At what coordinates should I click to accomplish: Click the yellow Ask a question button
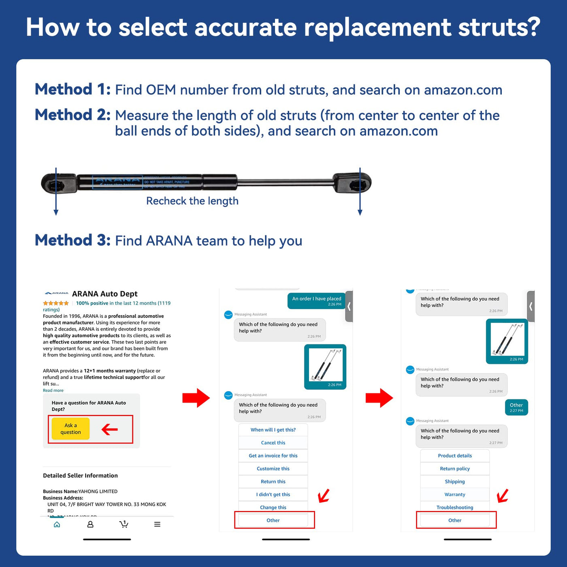click(x=70, y=429)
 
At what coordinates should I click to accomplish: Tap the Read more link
click(x=53, y=390)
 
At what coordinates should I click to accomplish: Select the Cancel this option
click(x=273, y=443)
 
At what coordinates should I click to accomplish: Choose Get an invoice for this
click(x=273, y=456)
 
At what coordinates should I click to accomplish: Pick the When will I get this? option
click(x=273, y=430)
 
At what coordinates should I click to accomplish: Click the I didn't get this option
click(x=273, y=495)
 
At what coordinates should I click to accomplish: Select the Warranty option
click(x=455, y=495)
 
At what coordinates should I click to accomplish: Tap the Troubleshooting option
click(x=455, y=507)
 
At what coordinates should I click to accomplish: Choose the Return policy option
click(x=455, y=469)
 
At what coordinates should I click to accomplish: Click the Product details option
click(x=455, y=456)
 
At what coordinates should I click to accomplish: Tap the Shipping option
click(x=455, y=482)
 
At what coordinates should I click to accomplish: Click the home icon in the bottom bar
click(x=57, y=524)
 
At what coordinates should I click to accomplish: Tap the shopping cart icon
click(x=124, y=524)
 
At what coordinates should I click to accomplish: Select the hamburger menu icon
click(x=157, y=524)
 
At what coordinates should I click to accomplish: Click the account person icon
click(x=90, y=524)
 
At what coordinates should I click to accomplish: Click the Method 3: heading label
click(x=72, y=240)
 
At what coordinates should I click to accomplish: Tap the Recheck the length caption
click(x=192, y=201)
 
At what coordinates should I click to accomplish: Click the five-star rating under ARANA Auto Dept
click(x=56, y=303)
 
